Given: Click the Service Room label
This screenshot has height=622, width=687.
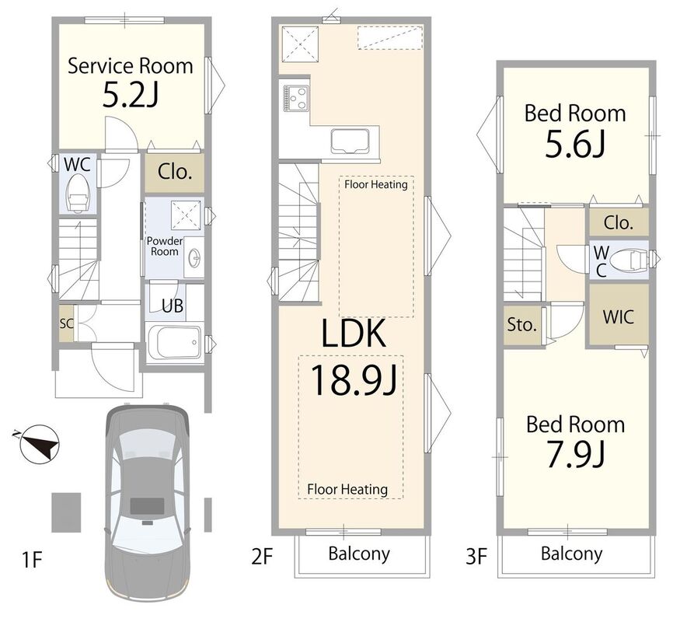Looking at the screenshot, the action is coord(130,66).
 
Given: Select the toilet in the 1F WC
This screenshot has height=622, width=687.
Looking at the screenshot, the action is coord(78,194).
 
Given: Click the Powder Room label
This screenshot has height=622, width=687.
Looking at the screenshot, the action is coord(164,246).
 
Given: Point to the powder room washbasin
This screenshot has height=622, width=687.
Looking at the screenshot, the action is coord(194,257).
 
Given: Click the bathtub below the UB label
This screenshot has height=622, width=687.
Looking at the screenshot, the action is coord(174,343).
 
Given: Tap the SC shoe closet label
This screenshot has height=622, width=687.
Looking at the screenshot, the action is coord(66,323).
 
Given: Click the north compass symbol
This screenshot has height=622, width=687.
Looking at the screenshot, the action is coord(39,444).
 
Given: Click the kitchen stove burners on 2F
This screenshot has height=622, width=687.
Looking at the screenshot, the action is coord(296,98).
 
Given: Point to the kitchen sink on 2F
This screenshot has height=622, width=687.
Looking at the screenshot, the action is coord(350,142).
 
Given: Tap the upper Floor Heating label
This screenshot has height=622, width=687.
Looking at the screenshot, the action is coord(376,184).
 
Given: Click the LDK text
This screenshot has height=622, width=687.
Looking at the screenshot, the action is coord(354,333).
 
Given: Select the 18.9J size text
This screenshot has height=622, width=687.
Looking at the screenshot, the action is coord(354,380).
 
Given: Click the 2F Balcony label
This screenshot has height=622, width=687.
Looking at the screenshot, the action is coord(359,554).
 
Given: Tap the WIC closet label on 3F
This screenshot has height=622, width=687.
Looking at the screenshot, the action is coord(618,316).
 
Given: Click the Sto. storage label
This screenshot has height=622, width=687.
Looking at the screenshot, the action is coord(521,325).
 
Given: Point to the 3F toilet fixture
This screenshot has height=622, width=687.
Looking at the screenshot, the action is coord(628,260).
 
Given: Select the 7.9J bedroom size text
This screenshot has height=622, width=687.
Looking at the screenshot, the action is coord(575,454).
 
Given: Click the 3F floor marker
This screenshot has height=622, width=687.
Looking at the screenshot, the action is coord(476,557).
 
